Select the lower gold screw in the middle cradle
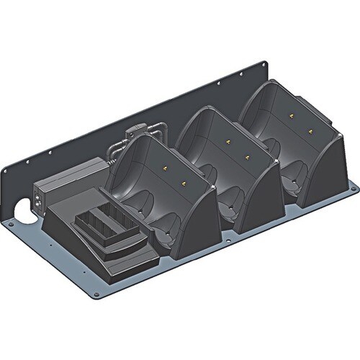247,156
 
